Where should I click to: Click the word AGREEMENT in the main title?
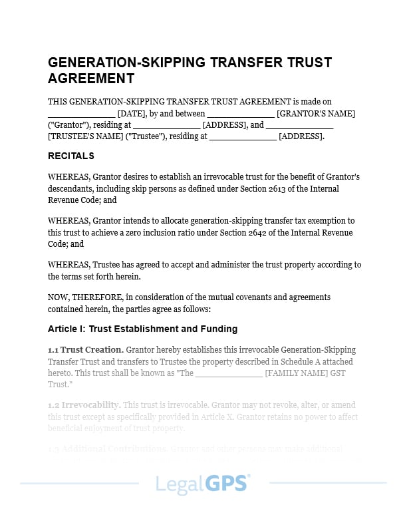[x=91, y=79]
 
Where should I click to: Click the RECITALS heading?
[x=71, y=156]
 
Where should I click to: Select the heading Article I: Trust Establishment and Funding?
[x=142, y=329]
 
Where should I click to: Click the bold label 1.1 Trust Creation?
[x=86, y=349]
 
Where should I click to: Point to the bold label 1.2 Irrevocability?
[x=84, y=405]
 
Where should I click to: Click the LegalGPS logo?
[x=203, y=483]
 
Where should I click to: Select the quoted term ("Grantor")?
[x=70, y=124]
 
